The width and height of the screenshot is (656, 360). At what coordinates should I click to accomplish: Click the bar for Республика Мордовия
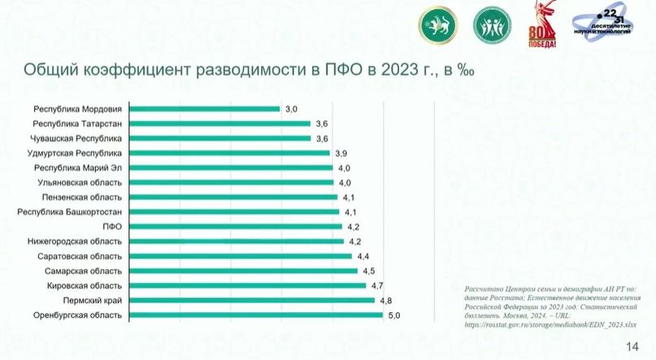click(x=203, y=109)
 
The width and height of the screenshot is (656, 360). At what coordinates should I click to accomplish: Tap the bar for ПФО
click(x=235, y=226)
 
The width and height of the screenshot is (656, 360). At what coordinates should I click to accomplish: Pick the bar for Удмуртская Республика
click(x=228, y=153)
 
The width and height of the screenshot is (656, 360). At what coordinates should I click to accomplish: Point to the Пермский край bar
click(x=251, y=300)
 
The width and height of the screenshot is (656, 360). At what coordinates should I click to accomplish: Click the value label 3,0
click(x=291, y=109)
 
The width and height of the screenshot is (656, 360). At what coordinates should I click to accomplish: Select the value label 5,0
click(x=394, y=314)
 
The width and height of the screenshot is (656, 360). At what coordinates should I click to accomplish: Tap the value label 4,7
click(x=377, y=285)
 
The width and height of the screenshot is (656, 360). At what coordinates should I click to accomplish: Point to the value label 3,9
click(x=341, y=153)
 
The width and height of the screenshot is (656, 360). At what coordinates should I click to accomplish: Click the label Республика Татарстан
click(x=77, y=124)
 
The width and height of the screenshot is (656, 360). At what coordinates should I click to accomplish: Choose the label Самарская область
click(x=81, y=271)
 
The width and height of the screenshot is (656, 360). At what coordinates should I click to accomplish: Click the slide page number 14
click(x=632, y=347)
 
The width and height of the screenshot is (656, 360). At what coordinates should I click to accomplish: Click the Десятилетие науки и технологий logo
click(x=603, y=27)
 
